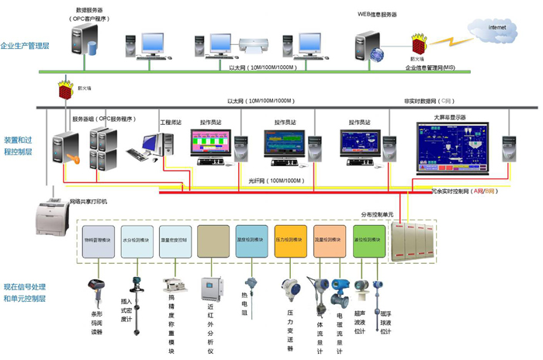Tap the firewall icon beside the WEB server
(x=420, y=43)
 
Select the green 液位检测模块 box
(x=368, y=243)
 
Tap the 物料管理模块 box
(x=98, y=243)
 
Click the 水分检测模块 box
(x=137, y=243)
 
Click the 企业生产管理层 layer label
(x=25, y=47)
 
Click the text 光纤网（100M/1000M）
(x=275, y=181)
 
